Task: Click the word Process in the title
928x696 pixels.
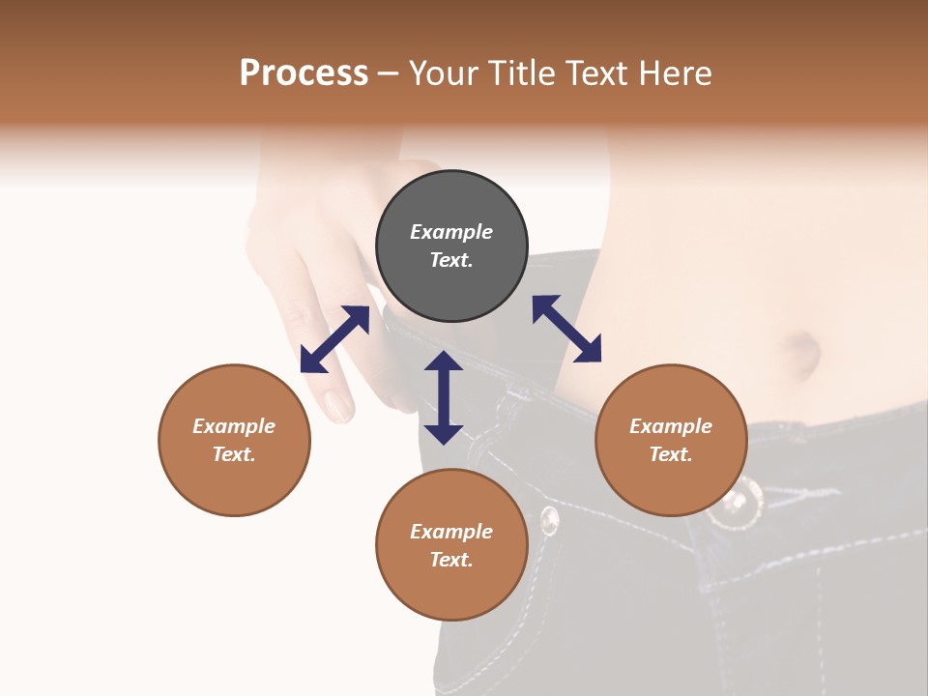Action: pos(304,73)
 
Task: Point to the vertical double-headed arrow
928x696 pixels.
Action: pos(444,397)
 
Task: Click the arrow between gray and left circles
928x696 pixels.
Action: pos(334,339)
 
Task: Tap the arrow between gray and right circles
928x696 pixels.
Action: pos(566,329)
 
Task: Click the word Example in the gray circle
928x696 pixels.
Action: pos(451,232)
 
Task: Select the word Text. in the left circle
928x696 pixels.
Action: pos(234,454)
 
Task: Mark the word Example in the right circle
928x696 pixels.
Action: pos(671,426)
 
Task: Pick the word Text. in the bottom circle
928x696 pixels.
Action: pos(451,560)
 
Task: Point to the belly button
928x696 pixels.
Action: pos(804,353)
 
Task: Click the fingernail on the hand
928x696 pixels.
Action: pos(339,404)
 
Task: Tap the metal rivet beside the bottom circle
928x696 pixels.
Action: pos(549,520)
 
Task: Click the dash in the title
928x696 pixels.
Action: pos(389,73)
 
